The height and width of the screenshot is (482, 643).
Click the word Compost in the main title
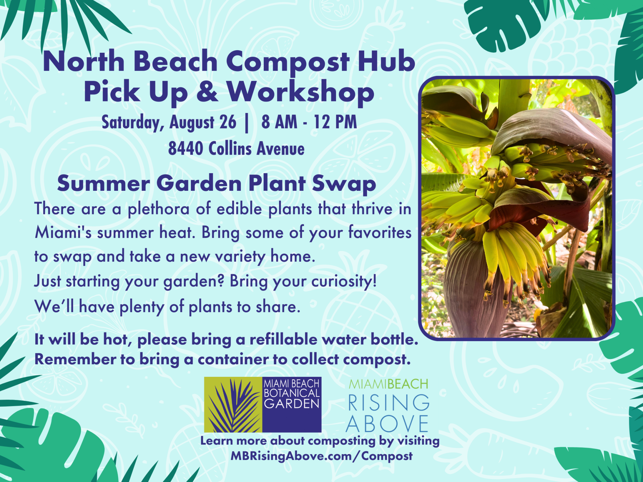click(288, 62)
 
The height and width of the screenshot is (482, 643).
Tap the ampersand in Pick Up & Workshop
click(207, 92)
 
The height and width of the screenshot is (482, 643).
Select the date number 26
click(228, 122)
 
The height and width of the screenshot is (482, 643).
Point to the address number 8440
click(186, 148)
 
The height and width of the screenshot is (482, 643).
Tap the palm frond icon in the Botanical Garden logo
click(233, 405)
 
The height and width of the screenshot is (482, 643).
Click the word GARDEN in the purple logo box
click(291, 404)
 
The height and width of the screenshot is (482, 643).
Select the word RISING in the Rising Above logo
click(388, 403)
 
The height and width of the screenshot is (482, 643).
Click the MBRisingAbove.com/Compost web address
click(321, 456)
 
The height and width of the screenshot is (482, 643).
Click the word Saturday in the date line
click(132, 123)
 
